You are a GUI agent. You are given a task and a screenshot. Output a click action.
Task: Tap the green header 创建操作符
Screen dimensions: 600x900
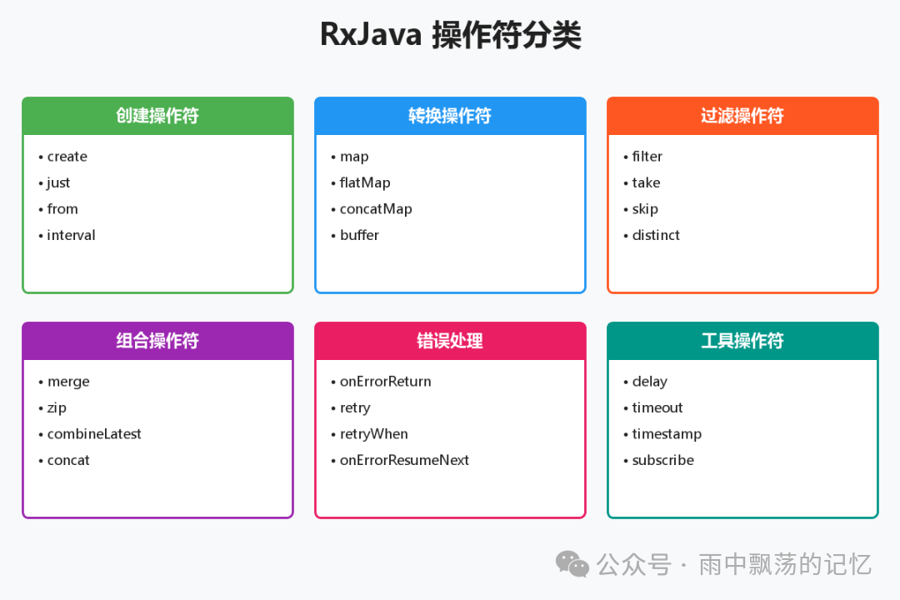coord(157,116)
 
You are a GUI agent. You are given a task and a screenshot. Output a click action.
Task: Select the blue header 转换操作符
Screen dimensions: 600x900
coord(450,116)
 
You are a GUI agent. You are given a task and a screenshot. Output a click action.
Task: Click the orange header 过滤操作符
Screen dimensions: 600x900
coord(742,116)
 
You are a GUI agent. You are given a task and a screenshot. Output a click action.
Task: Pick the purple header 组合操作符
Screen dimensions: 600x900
coord(157,341)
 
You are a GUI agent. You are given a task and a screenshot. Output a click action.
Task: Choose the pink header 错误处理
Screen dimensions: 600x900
coord(450,341)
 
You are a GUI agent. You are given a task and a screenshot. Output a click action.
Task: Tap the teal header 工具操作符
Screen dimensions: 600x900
coord(742,341)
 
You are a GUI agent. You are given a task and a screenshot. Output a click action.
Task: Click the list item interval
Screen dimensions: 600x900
coord(71,235)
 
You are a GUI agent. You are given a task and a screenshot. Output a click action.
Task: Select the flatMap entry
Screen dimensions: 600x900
coord(365,182)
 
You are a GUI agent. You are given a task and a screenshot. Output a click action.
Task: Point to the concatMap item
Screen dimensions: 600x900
coord(376,209)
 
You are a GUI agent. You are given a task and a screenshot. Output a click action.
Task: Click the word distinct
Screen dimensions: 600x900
coord(656,235)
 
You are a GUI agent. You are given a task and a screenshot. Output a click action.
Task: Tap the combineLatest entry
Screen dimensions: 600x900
coord(94,434)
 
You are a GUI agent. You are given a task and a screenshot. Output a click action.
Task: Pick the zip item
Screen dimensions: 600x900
coord(57,407)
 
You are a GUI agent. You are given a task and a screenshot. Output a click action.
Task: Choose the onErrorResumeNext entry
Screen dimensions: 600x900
coord(404,460)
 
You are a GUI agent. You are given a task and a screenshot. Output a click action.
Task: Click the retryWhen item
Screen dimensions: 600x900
coord(374,434)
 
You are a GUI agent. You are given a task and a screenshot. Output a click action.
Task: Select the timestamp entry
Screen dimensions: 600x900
coord(667,434)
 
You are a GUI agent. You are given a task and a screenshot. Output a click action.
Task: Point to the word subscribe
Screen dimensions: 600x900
coord(662,460)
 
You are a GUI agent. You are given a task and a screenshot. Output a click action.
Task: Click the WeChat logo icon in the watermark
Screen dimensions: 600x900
coord(572,564)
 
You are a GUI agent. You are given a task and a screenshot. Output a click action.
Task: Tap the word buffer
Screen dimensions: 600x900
coord(359,235)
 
